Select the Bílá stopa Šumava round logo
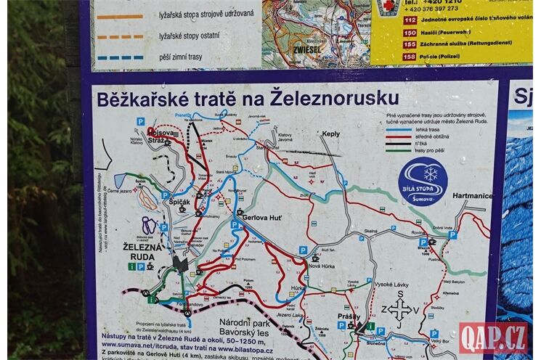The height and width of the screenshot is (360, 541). [423, 181]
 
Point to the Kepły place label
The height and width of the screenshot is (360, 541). [331, 134]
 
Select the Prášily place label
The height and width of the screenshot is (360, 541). [349, 316]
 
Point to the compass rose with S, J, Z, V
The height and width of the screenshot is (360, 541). [399, 309]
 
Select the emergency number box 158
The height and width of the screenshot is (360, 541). [389, 56]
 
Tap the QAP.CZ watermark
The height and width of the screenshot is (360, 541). [493, 337]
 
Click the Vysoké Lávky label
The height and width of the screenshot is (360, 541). [391, 284]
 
